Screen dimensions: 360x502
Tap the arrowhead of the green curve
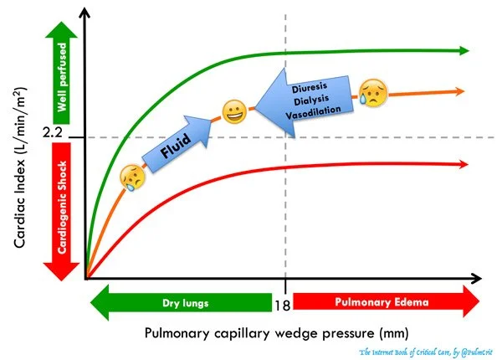coord(464,51)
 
